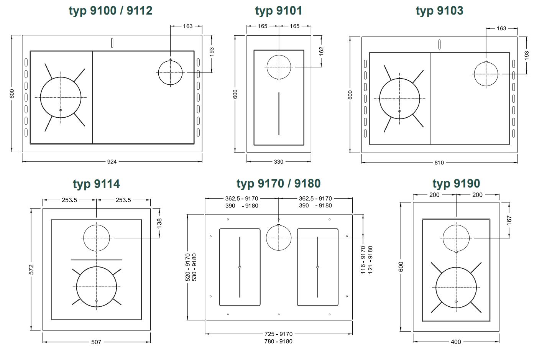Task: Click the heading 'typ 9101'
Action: click(278, 11)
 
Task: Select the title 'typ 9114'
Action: click(96, 184)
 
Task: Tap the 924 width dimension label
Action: click(112, 162)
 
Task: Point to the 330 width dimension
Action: click(278, 162)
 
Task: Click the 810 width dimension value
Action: click(439, 163)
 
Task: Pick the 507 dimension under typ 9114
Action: click(96, 342)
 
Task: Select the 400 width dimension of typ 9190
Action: click(456, 342)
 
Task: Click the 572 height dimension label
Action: click(31, 269)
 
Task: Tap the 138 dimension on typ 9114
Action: click(159, 223)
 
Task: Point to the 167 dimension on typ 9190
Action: click(509, 220)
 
